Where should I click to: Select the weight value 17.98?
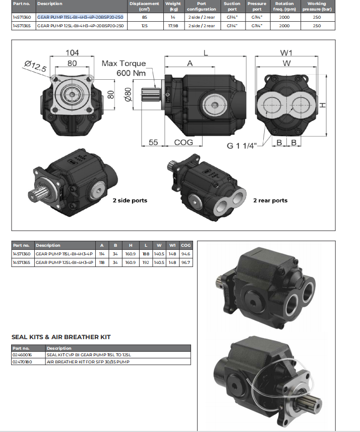[175, 25]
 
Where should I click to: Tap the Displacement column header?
[144, 6]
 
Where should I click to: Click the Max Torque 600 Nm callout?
[124, 68]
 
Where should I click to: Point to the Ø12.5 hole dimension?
[35, 64]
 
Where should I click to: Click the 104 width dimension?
[72, 52]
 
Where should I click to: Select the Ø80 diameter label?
[128, 94]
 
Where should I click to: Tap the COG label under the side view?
[184, 143]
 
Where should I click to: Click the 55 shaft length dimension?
[154, 143]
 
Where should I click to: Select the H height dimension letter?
[323, 105]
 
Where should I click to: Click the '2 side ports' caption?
[130, 200]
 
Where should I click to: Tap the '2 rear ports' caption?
[270, 200]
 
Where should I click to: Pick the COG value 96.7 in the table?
[185, 262]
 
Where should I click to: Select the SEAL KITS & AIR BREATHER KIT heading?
[61, 337]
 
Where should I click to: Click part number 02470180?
[22, 362]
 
